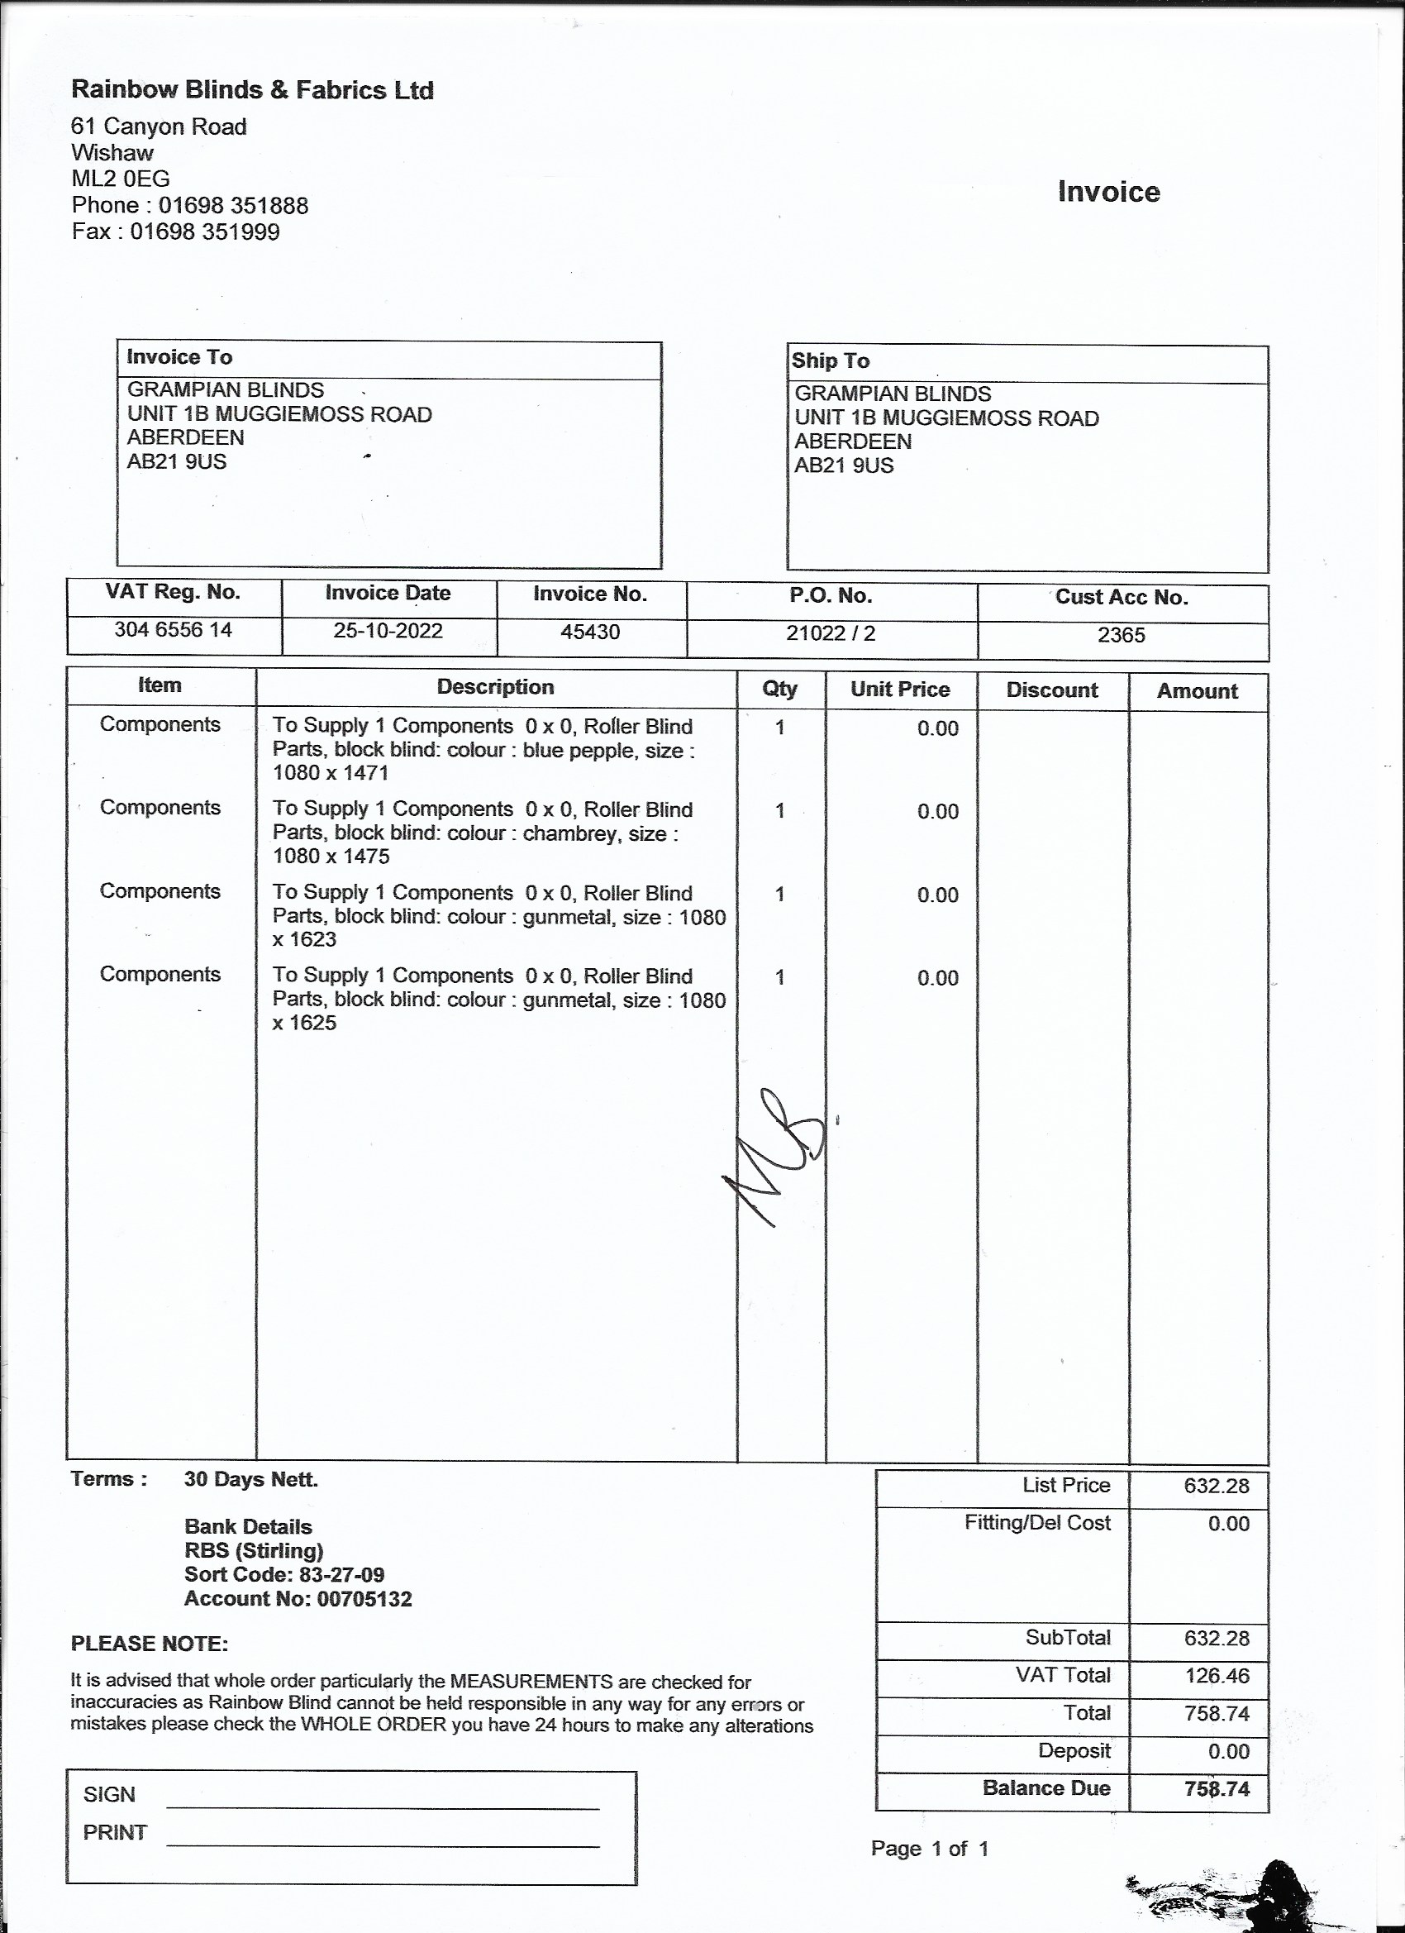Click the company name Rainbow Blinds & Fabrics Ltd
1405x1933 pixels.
click(252, 89)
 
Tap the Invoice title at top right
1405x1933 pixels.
click(1108, 192)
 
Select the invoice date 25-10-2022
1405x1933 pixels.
click(388, 631)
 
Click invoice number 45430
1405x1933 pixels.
click(590, 632)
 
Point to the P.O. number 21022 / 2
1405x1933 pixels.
click(831, 633)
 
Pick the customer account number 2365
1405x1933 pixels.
click(1122, 635)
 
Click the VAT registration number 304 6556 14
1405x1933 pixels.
click(173, 630)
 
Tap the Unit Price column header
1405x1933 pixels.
click(900, 690)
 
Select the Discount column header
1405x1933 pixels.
click(1051, 690)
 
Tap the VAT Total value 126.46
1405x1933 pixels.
click(1216, 1676)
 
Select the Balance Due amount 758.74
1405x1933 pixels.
click(1216, 1789)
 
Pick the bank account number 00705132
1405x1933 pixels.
click(364, 1599)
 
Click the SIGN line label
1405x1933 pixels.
click(109, 1794)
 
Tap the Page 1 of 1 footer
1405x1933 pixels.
click(930, 1849)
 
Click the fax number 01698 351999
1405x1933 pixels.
click(204, 231)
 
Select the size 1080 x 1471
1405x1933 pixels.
click(331, 773)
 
